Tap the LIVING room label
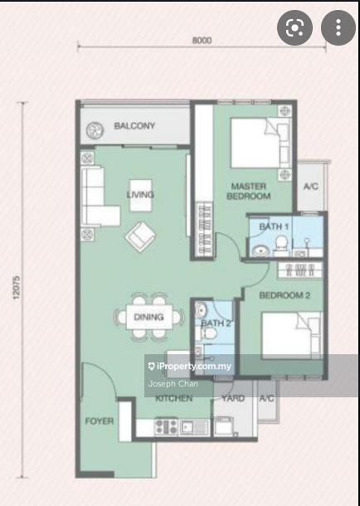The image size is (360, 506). [139, 195]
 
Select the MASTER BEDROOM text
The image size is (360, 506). [249, 191]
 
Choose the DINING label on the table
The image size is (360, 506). [148, 317]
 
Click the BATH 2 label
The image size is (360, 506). [216, 323]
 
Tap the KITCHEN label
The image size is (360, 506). [174, 398]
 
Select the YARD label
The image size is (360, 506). [233, 398]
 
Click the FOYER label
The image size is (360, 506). [99, 421]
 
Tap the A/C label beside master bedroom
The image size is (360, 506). [311, 187]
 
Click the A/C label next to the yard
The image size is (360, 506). [266, 398]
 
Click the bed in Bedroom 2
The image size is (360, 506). [290, 336]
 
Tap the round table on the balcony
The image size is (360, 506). [95, 128]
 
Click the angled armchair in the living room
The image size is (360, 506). [139, 236]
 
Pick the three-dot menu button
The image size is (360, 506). [338, 28]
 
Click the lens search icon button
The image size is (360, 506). [295, 28]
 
